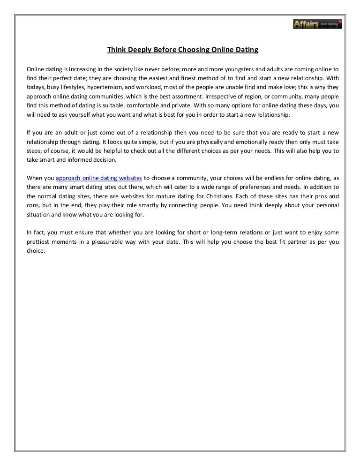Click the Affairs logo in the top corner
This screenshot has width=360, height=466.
point(317,23)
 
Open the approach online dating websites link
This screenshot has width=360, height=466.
point(99,179)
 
